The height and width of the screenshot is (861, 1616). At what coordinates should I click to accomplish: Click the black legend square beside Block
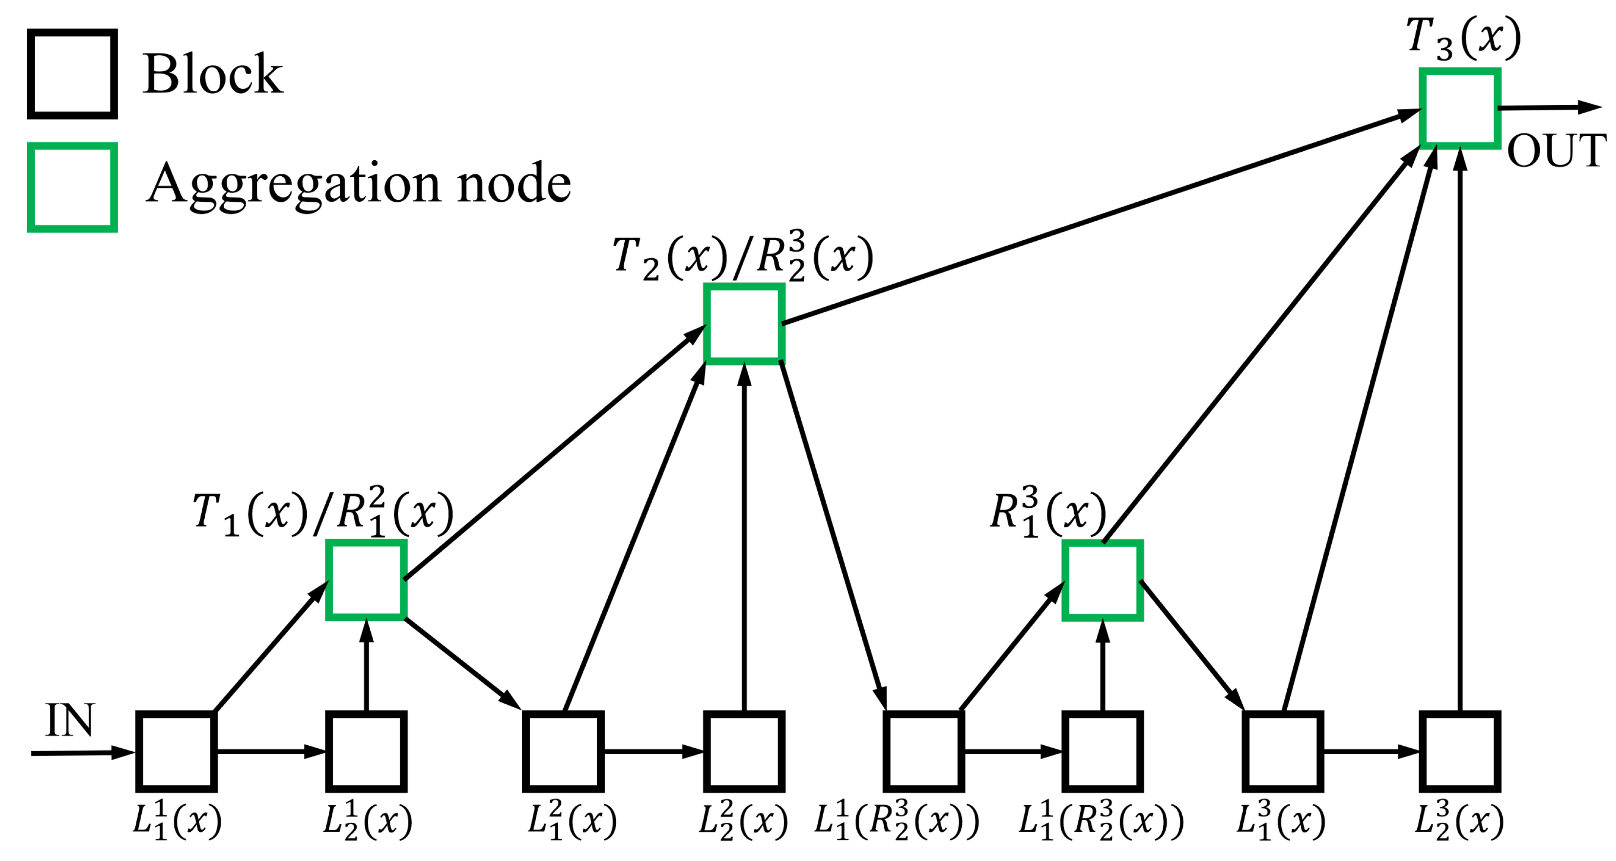[72, 74]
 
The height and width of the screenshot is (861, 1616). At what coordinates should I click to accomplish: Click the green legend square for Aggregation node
[72, 187]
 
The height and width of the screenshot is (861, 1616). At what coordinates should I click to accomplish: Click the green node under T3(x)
[1460, 108]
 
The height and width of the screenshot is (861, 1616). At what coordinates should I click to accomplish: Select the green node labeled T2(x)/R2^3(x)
[744, 324]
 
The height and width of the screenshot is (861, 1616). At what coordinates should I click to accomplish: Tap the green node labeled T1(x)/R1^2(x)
[366, 580]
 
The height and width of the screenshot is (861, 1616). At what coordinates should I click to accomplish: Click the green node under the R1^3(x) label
[1102, 580]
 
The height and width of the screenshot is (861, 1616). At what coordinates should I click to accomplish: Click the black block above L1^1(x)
[176, 751]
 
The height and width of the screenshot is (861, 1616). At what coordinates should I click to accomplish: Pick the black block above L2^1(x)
[366, 751]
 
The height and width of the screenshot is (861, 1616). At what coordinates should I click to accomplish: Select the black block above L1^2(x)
[563, 751]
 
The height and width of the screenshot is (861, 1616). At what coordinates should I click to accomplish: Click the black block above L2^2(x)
[744, 751]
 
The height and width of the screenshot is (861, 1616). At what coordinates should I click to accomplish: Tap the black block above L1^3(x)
[1283, 751]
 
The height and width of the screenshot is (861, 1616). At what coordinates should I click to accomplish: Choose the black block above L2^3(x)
[1460, 751]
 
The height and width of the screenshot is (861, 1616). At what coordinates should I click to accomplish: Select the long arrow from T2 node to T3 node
[1098, 217]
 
